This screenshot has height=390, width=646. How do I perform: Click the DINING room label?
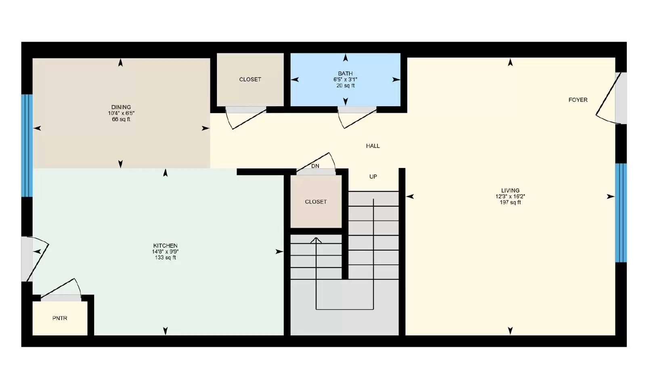coord(121,107)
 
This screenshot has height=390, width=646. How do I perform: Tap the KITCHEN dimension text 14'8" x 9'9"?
coord(165,252)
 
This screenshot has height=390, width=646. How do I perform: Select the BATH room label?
coord(345,73)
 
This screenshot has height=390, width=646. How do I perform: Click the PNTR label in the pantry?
coord(60,318)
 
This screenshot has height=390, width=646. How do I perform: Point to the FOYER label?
coord(578,100)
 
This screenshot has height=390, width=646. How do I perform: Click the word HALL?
coord(373,146)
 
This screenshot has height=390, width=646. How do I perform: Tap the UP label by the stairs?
coord(373,176)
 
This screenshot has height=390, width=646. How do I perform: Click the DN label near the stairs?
coord(315,166)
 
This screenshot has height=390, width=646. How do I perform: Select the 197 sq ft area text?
coord(510,202)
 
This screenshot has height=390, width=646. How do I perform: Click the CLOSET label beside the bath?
coord(250,80)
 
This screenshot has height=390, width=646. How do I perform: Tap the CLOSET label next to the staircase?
coord(316,201)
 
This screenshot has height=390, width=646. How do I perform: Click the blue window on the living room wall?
coord(621,213)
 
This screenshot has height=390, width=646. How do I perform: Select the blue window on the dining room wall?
coord(27,145)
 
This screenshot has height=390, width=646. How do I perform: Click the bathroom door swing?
coord(357,118)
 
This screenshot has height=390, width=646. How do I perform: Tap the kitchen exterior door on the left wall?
coord(34,258)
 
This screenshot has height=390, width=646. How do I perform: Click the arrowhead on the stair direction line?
coord(316,241)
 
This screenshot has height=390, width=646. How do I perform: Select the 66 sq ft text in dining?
coord(121,120)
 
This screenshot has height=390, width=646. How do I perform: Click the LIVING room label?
coord(510,191)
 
